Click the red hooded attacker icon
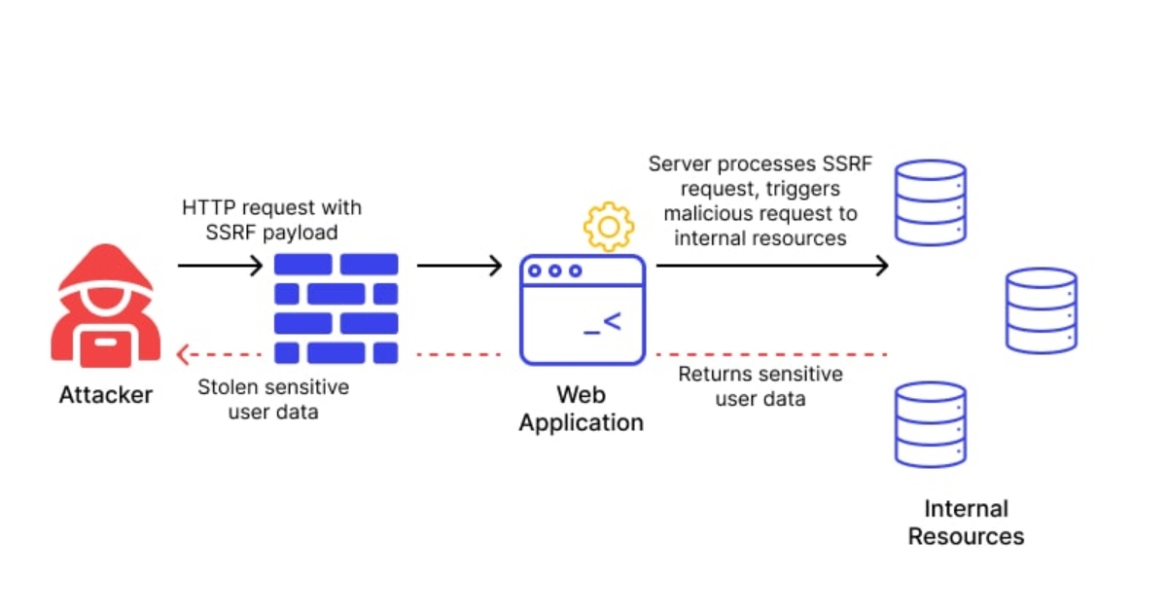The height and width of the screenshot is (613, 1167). [105, 306]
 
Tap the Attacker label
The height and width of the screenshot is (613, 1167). [105, 395]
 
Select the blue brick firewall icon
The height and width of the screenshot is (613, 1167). [336, 307]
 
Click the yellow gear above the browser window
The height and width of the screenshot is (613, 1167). [608, 227]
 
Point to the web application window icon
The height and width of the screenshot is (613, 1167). [583, 309]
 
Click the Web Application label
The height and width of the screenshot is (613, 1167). [582, 409]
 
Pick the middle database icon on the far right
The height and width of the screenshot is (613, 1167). [1042, 310]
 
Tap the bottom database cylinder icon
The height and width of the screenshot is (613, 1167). [931, 424]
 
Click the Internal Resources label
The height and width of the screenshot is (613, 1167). [966, 523]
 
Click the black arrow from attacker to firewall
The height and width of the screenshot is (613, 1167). [220, 265]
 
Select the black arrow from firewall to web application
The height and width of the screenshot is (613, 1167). [459, 265]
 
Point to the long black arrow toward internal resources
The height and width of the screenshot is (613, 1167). [772, 265]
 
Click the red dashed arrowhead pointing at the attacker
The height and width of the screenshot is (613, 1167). [185, 354]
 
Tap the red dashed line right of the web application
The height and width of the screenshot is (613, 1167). [772, 354]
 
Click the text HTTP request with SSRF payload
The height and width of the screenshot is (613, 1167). [271, 219]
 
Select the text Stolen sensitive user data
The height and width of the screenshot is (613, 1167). [273, 399]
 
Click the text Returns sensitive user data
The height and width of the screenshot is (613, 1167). [760, 386]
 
